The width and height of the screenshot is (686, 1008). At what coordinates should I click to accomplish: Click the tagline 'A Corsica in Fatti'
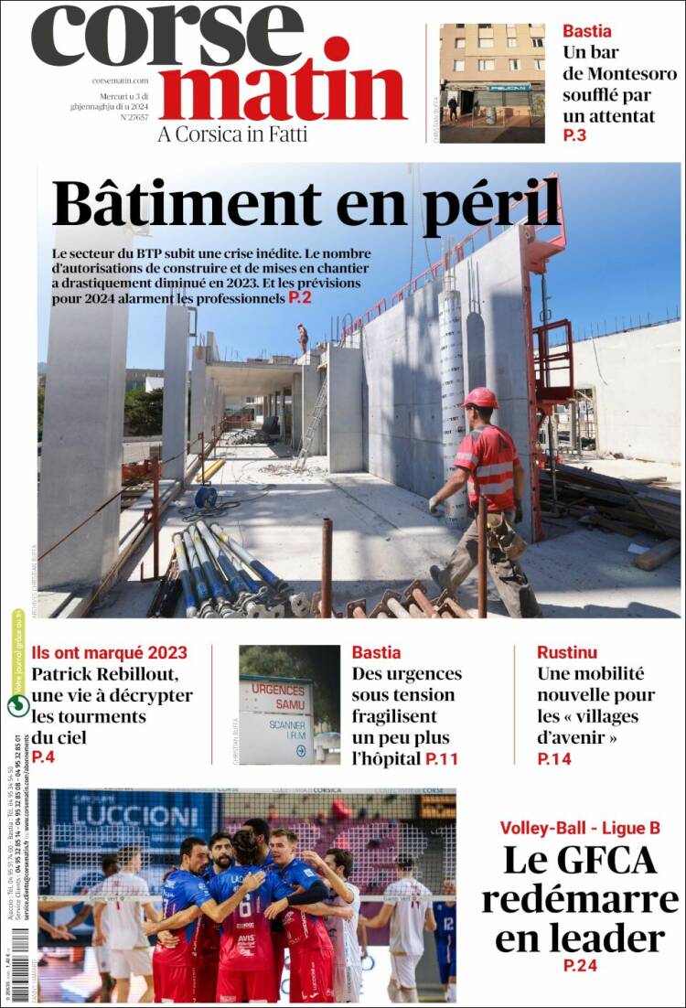tap(232, 134)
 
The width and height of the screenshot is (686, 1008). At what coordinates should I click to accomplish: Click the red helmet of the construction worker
tap(479, 398)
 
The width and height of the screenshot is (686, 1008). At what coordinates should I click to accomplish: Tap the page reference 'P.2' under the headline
tap(300, 297)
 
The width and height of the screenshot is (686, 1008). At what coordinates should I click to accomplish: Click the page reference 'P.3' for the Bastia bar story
tap(574, 136)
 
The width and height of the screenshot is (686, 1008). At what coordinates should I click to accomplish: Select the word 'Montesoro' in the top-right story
tap(632, 73)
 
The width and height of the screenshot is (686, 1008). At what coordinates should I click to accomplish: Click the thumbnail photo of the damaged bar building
tap(492, 82)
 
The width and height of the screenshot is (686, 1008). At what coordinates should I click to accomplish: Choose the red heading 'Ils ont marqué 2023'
tap(109, 652)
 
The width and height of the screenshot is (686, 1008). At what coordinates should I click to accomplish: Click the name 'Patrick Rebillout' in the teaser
tap(104, 675)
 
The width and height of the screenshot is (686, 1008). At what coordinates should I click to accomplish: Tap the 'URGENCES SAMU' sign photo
tap(277, 705)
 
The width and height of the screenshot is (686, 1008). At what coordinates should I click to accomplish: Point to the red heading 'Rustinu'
tap(567, 652)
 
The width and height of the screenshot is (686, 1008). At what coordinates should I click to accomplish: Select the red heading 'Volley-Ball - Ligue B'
tap(579, 828)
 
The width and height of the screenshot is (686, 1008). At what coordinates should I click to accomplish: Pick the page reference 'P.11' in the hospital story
tap(442, 758)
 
